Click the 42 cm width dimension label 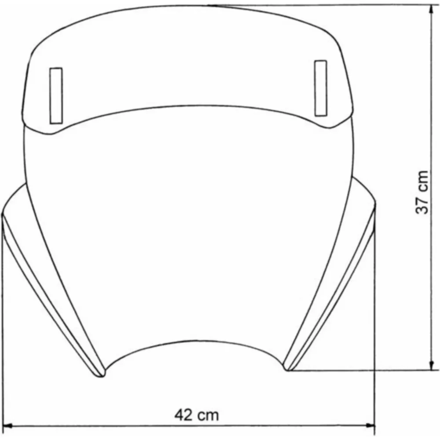tap(196, 415)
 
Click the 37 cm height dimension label tap(422, 192)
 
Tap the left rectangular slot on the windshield tap(56, 95)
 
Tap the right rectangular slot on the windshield tap(321, 88)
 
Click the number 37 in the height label tap(422, 205)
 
